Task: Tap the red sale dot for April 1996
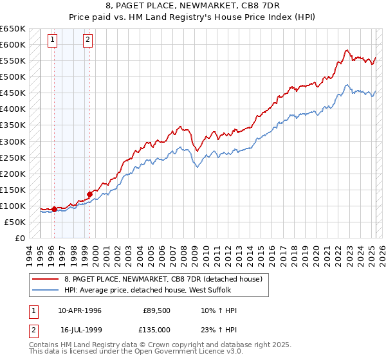pos(54,209)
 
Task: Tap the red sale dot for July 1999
pos(89,194)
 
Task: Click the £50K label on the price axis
pos(15,222)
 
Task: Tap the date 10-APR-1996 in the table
pos(80,310)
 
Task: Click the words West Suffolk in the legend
pos(219,291)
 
